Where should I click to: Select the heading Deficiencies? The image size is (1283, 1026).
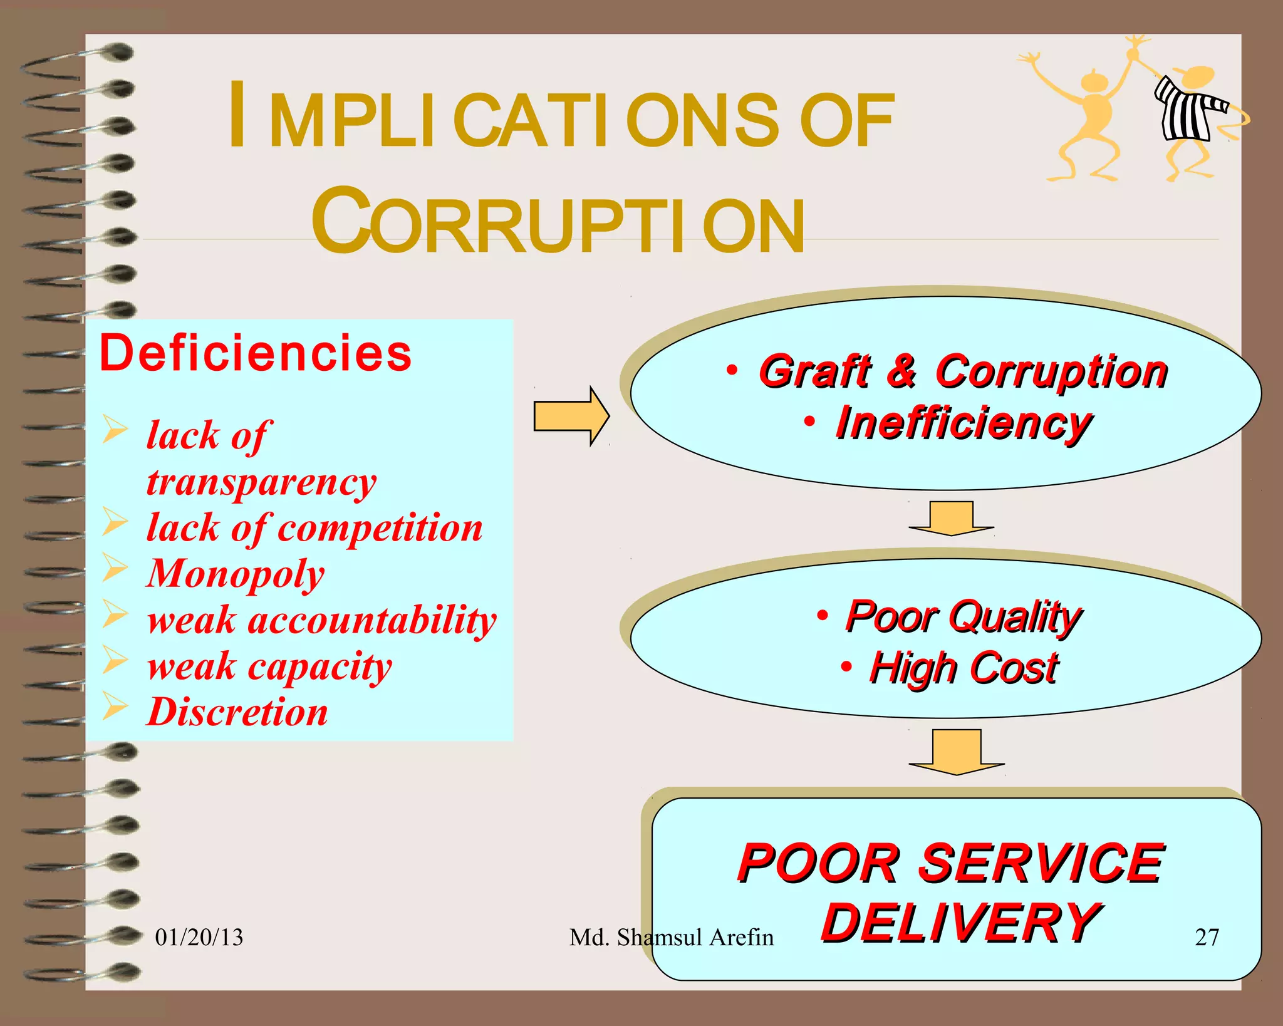point(256,353)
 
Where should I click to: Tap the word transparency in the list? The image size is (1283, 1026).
point(261,483)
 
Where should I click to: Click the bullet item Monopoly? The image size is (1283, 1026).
point(236,574)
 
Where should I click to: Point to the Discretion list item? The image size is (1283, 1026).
point(237,712)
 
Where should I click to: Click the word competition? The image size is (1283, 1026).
point(380,528)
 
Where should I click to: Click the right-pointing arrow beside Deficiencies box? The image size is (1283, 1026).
point(571,416)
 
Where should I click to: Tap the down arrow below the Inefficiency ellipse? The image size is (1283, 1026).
point(951,517)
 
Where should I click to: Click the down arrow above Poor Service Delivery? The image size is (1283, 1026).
point(957,751)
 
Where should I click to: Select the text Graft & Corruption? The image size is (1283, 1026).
point(963,372)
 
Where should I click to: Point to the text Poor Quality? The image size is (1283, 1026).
point(964,616)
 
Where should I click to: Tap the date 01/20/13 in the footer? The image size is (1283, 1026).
point(199,937)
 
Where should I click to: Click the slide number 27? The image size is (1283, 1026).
point(1207,937)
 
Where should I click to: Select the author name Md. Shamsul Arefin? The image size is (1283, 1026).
point(671,937)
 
